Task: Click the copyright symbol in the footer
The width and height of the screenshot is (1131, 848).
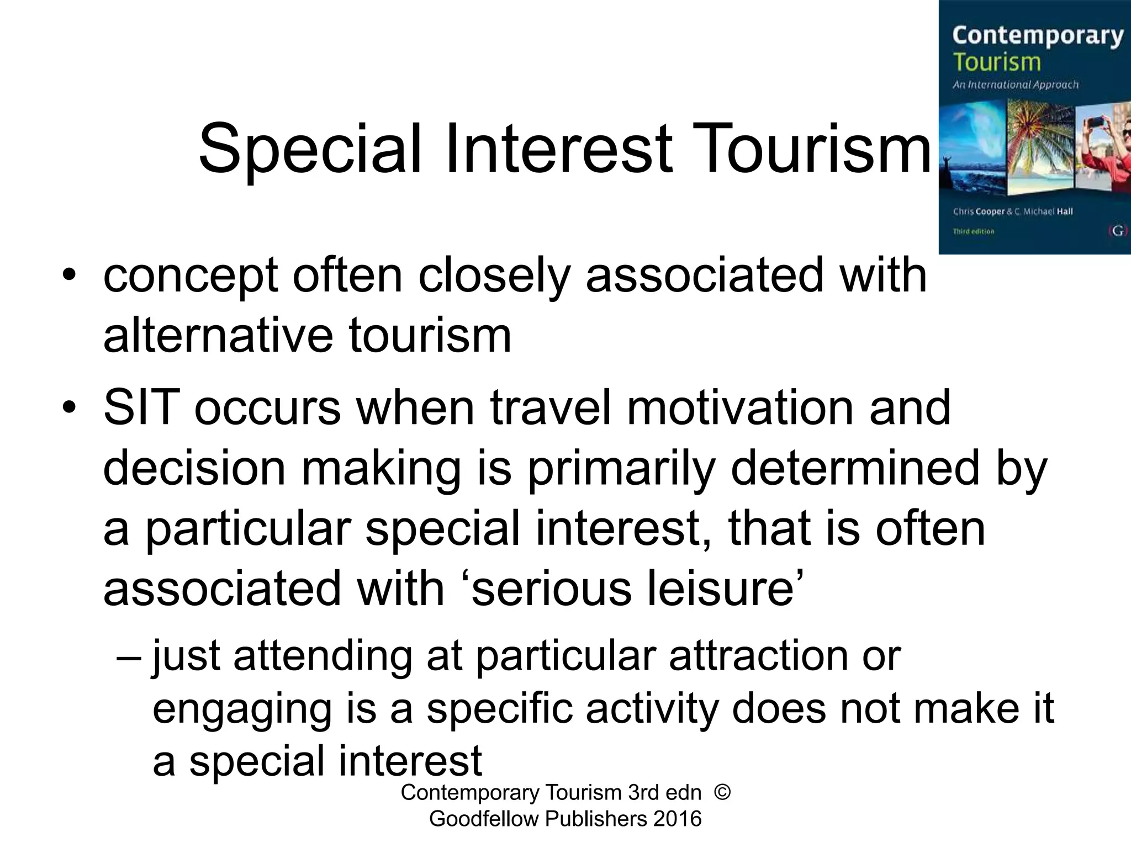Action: (722, 793)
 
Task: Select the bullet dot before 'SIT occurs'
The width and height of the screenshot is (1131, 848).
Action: (68, 407)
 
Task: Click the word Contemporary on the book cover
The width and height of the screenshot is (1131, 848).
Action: (1038, 35)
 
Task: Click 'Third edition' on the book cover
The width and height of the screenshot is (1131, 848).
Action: (973, 231)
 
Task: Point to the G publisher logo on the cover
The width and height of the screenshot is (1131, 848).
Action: (1118, 231)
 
